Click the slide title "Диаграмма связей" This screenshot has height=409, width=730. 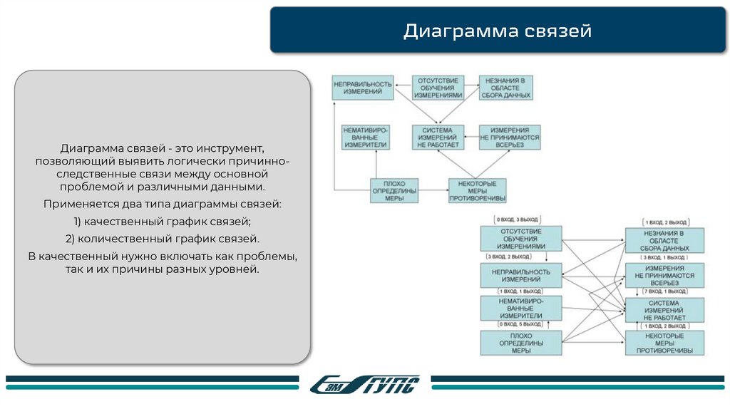497,31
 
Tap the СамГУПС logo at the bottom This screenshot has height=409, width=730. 366,385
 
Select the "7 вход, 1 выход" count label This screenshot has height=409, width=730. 664,292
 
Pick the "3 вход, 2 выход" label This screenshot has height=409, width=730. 508,257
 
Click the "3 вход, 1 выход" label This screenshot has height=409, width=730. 664,257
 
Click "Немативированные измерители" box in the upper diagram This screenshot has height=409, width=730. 366,137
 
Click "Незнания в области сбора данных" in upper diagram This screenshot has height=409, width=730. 505,88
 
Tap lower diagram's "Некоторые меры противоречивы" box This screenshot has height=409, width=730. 664,343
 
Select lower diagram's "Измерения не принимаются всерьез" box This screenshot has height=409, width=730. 664,274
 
